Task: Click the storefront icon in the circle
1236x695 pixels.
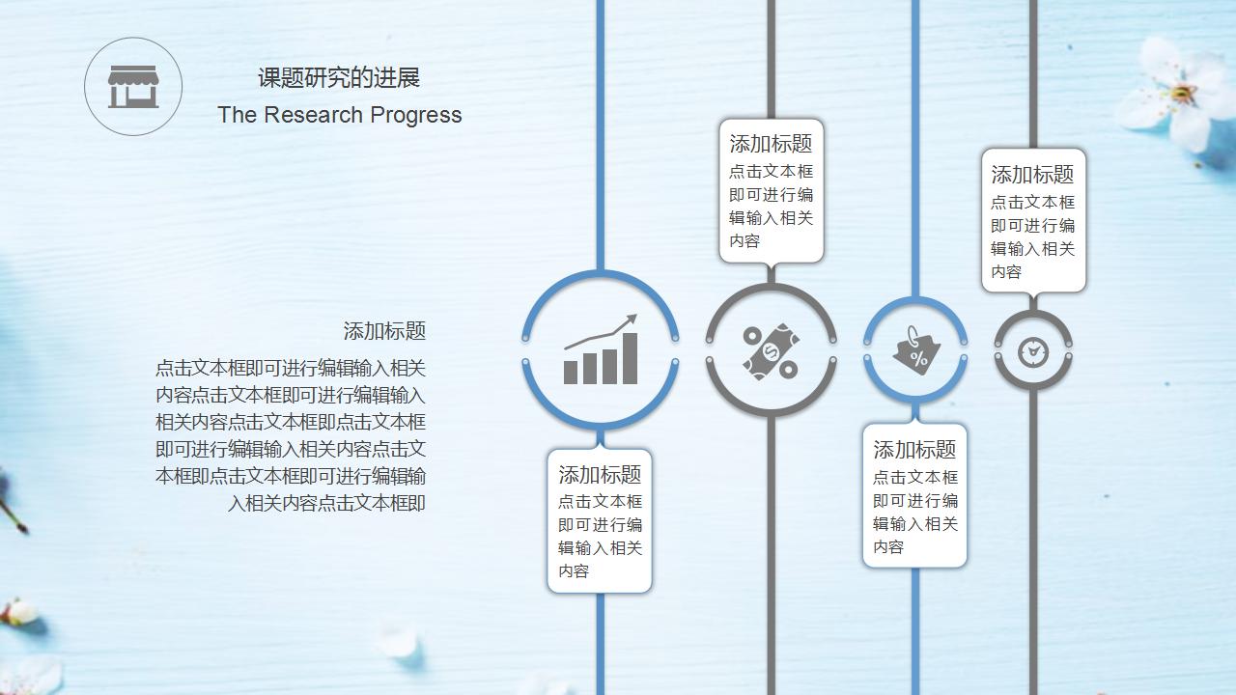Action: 133,87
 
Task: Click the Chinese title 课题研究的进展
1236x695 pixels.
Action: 339,78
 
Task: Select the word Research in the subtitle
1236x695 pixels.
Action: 313,115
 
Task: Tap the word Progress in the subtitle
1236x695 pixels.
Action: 415,116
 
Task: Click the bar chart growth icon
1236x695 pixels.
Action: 601,349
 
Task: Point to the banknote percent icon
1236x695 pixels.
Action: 771,351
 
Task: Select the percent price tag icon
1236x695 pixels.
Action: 915,350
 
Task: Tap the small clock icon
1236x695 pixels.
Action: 1033,351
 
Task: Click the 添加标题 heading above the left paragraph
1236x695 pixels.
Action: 384,331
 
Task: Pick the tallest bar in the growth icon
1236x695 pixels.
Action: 631,358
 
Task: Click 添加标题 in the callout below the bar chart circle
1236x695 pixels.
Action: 600,474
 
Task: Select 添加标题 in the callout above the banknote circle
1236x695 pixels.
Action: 771,144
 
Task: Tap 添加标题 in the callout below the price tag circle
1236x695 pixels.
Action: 914,450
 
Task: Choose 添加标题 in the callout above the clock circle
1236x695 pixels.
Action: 1032,175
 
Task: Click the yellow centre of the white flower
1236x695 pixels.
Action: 1180,94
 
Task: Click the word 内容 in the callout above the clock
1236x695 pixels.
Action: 1006,271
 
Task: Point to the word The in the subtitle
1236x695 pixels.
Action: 238,115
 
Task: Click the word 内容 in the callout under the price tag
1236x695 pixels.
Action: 888,546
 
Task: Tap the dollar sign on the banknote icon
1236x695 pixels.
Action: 770,349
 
